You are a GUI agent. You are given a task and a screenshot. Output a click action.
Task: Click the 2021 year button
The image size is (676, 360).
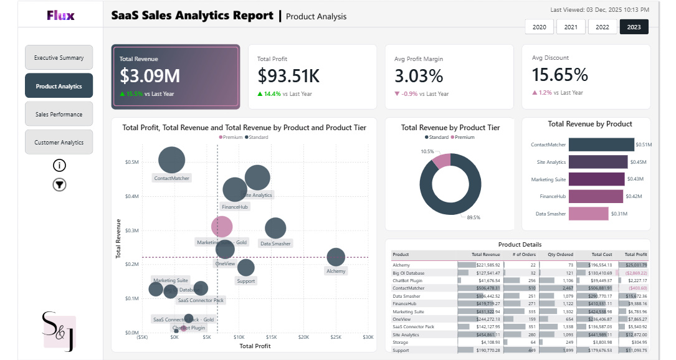point(571,27)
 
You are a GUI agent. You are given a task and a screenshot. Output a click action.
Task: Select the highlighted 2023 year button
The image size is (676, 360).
point(634,27)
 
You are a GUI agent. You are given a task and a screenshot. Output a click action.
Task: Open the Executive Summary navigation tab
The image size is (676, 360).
point(59,57)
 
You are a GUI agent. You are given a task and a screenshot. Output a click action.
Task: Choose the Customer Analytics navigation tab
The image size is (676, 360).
point(59,142)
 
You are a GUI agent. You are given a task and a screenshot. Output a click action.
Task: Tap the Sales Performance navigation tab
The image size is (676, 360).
point(59,114)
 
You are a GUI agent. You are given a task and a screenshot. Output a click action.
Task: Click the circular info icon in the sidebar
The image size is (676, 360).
point(59,165)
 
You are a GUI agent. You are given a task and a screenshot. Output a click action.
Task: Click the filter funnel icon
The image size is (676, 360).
point(59,184)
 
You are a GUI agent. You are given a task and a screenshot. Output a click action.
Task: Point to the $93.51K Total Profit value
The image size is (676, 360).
point(288,76)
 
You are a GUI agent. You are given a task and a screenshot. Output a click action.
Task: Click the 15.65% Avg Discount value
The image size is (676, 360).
point(559,75)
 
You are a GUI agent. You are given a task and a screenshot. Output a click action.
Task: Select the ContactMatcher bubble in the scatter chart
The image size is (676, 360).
point(172,159)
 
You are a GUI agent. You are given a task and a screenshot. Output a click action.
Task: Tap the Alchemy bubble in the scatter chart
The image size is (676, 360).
point(336,257)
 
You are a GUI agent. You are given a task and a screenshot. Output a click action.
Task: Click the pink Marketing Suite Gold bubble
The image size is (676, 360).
point(222,227)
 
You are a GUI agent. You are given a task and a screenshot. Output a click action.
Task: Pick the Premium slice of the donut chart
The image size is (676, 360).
point(441,160)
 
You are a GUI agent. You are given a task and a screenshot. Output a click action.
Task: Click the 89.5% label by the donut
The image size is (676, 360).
point(474,217)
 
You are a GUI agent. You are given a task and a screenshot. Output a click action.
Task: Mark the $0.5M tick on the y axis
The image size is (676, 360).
point(131,162)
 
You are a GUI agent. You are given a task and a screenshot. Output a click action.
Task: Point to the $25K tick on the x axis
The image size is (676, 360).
point(336,337)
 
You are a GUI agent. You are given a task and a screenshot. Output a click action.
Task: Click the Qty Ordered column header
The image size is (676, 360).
point(556,254)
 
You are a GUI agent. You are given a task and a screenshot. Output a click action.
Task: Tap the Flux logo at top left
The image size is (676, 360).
point(60,15)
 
